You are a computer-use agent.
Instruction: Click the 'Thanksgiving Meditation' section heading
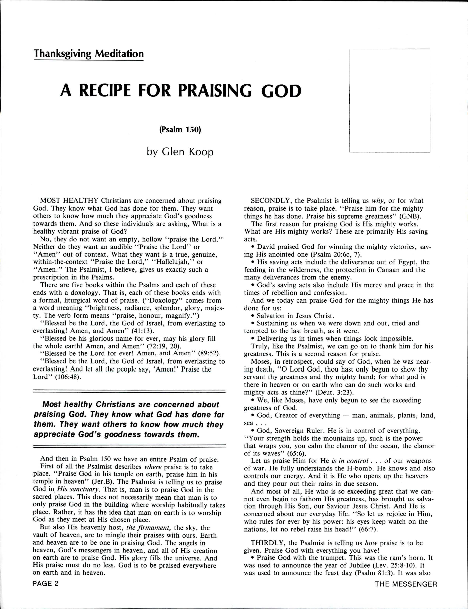(x=89, y=54)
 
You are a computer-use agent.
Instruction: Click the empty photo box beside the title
(x=390, y=101)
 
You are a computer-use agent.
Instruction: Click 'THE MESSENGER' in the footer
(x=406, y=582)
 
